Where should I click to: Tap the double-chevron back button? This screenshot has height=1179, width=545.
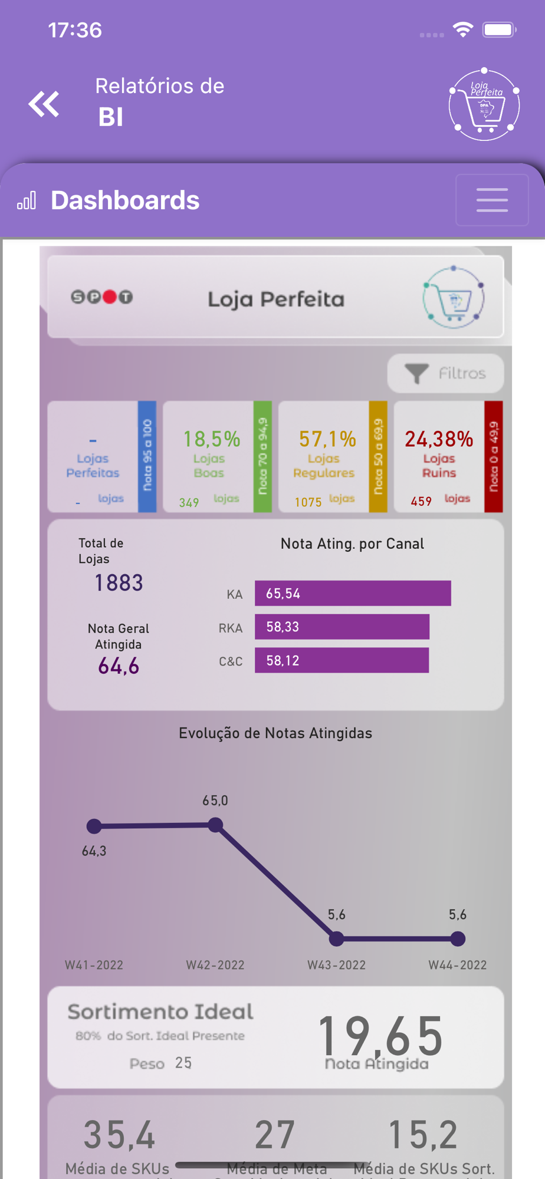(x=44, y=104)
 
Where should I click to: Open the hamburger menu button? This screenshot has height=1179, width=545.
(x=492, y=200)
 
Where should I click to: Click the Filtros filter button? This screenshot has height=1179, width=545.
(x=445, y=373)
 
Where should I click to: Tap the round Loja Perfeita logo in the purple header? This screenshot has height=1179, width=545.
(x=484, y=105)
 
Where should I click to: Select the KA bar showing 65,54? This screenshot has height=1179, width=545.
(x=353, y=593)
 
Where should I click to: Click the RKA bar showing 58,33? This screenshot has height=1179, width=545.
(x=342, y=627)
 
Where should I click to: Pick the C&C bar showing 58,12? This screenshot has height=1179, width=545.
(x=342, y=660)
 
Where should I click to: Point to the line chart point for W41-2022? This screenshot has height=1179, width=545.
(x=94, y=826)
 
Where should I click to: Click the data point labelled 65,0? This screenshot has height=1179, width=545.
(x=216, y=825)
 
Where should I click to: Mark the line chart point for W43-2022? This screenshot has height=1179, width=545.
(x=336, y=938)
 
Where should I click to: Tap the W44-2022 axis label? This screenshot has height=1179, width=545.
(x=457, y=965)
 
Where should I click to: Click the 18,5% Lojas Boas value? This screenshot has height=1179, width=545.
(x=211, y=439)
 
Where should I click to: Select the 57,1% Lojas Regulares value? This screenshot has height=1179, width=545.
(x=327, y=439)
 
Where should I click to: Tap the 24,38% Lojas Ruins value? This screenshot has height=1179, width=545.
(x=439, y=439)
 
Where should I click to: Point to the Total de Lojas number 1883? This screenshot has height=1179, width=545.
(x=119, y=583)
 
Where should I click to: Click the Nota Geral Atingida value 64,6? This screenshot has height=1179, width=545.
(x=119, y=666)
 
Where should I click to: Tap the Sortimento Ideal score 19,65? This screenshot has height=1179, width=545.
(x=380, y=1036)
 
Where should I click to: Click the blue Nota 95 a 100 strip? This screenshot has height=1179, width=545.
(x=147, y=456)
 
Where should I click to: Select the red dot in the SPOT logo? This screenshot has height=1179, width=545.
(x=110, y=297)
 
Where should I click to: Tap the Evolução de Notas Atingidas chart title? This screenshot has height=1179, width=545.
(x=275, y=733)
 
